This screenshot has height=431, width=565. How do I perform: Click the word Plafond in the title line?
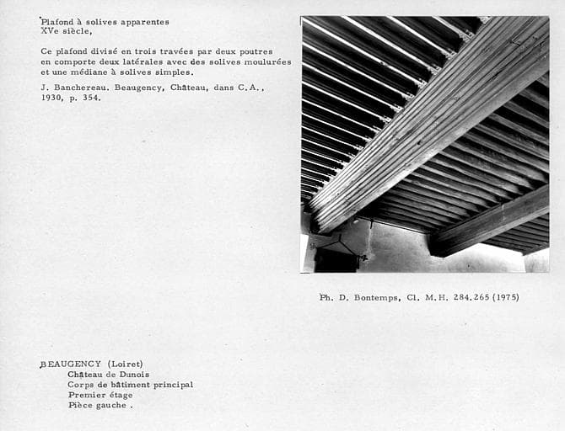pyautogui.click(x=57, y=22)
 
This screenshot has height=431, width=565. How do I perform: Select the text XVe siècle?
pyautogui.click(x=67, y=32)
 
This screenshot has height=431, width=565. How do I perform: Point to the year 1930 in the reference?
pyautogui.click(x=51, y=98)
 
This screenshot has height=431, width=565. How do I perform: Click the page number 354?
pyautogui.click(x=91, y=98)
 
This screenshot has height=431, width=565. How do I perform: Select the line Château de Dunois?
pyautogui.click(x=108, y=375)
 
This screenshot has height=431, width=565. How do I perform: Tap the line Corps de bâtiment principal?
pyautogui.click(x=131, y=385)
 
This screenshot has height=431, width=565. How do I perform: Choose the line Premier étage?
pyautogui.click(x=100, y=395)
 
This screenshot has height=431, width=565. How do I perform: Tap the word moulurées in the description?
pyautogui.click(x=265, y=62)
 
